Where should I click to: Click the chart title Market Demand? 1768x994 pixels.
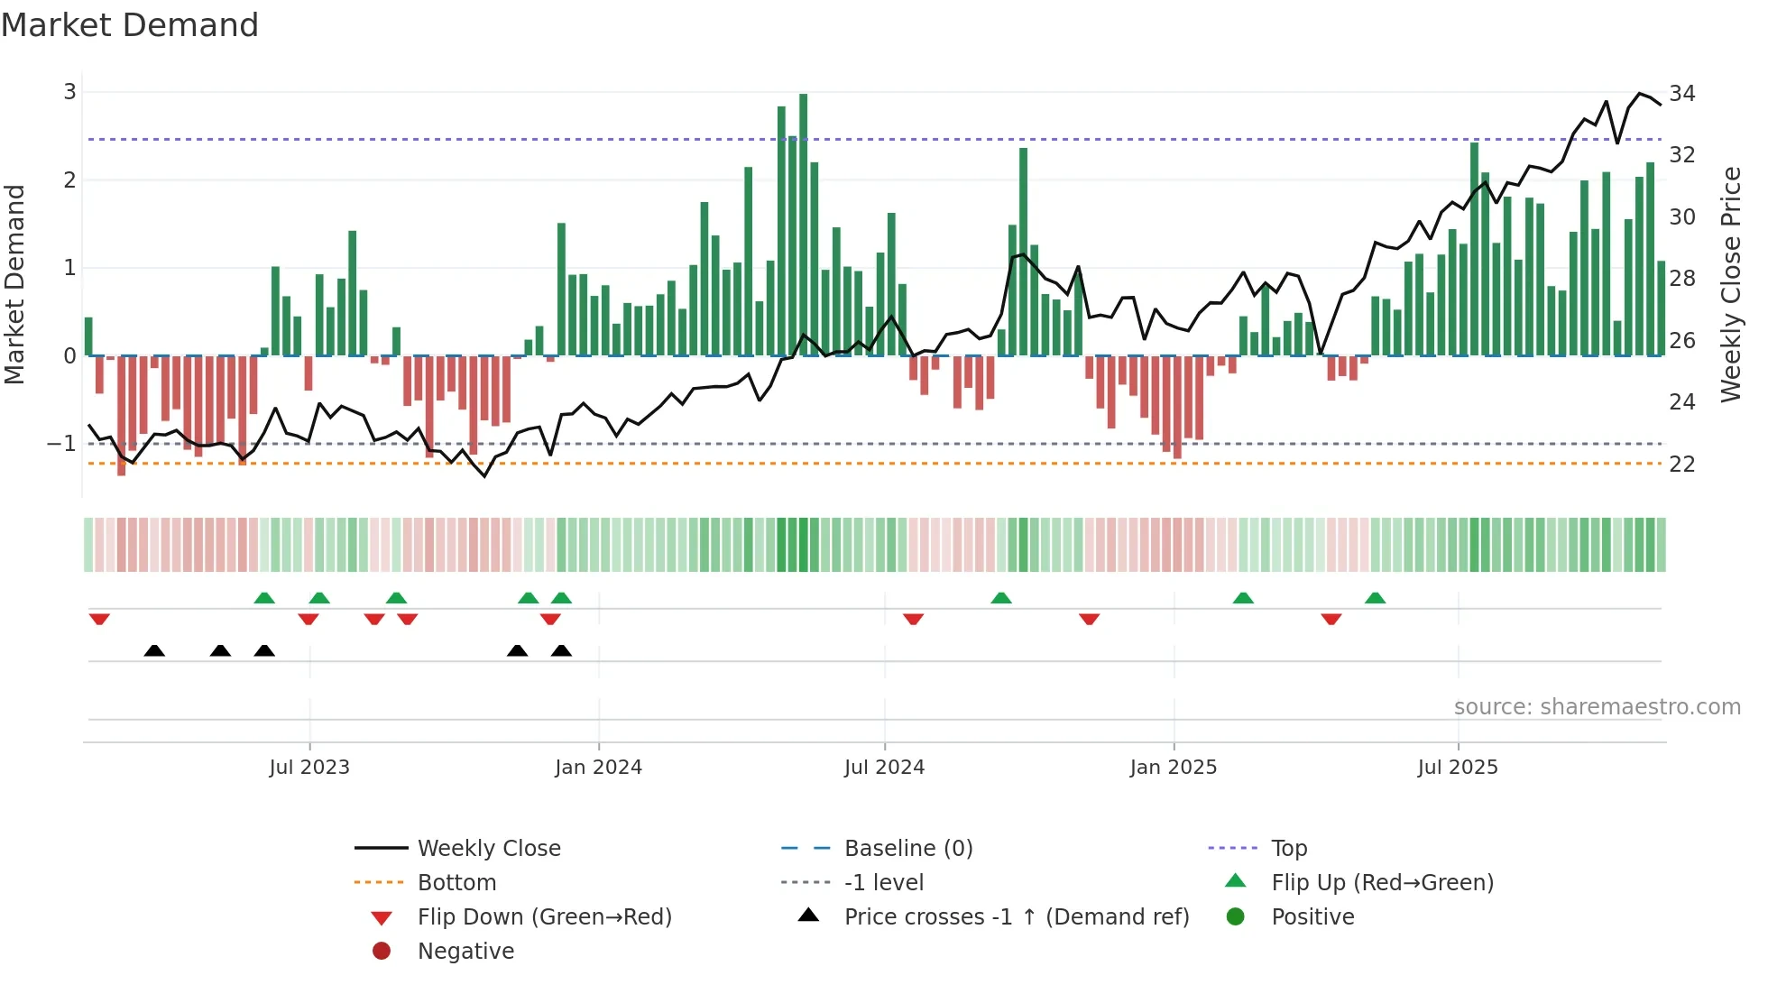point(130,25)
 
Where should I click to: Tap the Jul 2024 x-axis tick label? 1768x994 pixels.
point(884,768)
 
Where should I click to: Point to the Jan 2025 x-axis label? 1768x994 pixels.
point(1173,768)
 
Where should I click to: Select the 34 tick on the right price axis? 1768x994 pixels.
point(1681,94)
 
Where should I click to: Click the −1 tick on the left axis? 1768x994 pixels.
point(62,444)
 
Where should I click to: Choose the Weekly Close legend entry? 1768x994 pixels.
point(488,849)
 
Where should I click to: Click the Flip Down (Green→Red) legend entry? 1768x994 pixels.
point(544,917)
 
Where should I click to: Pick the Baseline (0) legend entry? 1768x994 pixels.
point(907,849)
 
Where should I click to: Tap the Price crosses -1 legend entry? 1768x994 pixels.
point(1016,917)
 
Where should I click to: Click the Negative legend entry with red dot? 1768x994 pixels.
point(465,952)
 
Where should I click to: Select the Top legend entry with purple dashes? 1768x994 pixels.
point(1288,849)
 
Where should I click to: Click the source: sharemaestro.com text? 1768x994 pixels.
point(1597,707)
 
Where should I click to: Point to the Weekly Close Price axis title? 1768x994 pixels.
point(1730,284)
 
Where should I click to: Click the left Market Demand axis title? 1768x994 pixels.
point(14,284)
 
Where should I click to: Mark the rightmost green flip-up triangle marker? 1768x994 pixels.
point(1375,598)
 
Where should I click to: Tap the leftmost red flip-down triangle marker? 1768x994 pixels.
point(99,619)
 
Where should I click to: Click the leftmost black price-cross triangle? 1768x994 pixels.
point(154,650)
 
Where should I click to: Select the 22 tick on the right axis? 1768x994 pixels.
point(1681,465)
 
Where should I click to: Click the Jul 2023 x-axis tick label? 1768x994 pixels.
point(308,768)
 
